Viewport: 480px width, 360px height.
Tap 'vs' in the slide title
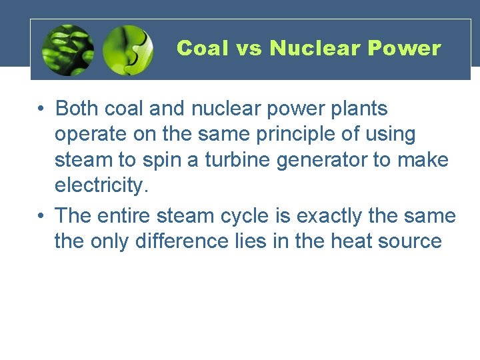[x=249, y=49]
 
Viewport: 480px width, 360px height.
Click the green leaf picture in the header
[x=67, y=50]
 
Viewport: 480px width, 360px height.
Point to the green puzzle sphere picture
[x=128, y=50]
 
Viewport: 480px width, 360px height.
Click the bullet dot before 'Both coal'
[x=41, y=109]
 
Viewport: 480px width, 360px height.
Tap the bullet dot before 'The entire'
[x=41, y=217]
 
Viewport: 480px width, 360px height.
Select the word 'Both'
[x=79, y=108]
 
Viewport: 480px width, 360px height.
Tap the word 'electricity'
[x=99, y=186]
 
